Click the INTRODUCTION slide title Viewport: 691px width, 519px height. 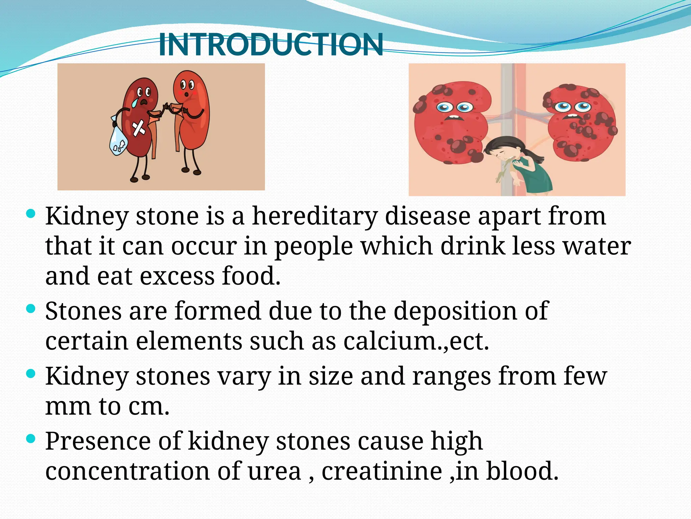[x=271, y=45]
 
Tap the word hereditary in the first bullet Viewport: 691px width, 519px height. [x=314, y=216]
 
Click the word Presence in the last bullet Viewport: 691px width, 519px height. [x=98, y=441]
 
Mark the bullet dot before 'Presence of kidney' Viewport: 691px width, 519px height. [x=31, y=439]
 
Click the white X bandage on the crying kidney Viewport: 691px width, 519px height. [x=138, y=128]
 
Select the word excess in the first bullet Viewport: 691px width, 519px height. [x=177, y=276]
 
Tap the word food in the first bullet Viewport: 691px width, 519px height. [x=251, y=276]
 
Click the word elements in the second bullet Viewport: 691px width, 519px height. [x=189, y=341]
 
